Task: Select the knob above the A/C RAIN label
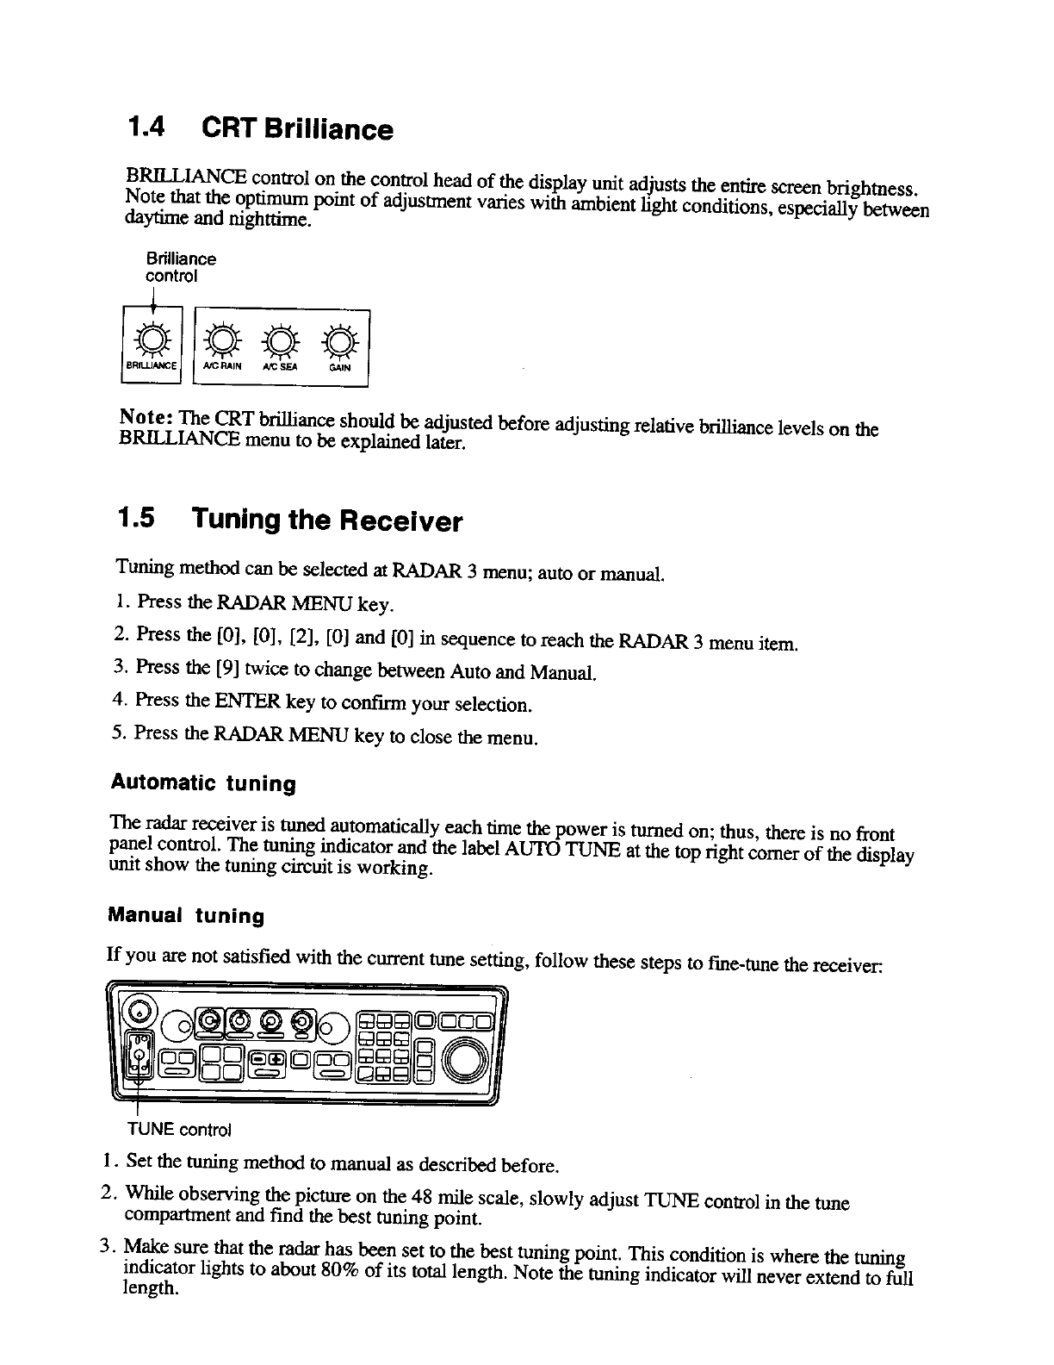click(x=221, y=340)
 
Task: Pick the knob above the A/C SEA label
click(x=281, y=340)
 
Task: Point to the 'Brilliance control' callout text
click(x=180, y=267)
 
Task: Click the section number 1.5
click(x=136, y=520)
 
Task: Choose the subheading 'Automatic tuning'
click(x=203, y=784)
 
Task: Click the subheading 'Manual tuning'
click(x=186, y=915)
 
